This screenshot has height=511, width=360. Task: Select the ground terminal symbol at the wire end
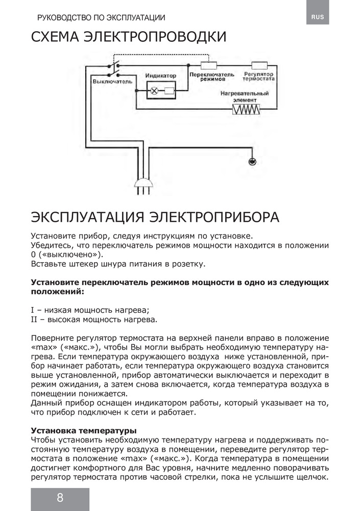point(252,161)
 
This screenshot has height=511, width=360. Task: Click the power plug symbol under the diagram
point(143,183)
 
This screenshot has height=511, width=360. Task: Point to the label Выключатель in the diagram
point(112,81)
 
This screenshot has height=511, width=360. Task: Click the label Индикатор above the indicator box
point(160,76)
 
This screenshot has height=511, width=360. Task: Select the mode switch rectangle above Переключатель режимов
point(210,65)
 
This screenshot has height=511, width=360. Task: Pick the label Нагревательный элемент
point(245,97)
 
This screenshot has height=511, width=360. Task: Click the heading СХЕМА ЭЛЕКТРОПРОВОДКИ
point(129,38)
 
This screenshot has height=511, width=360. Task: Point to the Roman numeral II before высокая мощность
point(34,320)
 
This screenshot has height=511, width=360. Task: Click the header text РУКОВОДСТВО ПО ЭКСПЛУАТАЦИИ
point(101,17)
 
